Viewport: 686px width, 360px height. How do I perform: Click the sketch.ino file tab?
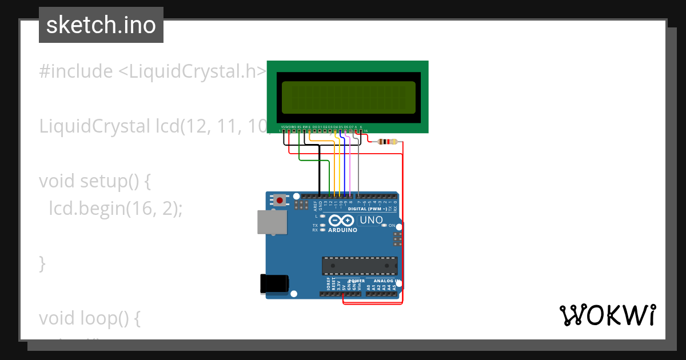(101, 25)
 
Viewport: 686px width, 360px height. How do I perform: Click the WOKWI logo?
(607, 315)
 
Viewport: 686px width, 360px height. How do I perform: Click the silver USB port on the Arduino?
(273, 222)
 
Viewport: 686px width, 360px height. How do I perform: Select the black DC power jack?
(274, 284)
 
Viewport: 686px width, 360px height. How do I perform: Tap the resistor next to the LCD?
(389, 142)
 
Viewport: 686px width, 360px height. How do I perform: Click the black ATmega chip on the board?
(360, 266)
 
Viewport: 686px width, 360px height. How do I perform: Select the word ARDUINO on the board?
(343, 230)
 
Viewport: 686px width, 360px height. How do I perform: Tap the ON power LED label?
(392, 226)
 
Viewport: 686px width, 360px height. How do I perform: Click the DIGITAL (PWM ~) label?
(372, 209)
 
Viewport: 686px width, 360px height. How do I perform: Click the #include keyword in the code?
(76, 71)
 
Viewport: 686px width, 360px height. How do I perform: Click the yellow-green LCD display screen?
(348, 97)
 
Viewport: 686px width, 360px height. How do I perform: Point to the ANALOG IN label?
(386, 281)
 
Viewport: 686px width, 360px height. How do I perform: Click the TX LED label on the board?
(315, 226)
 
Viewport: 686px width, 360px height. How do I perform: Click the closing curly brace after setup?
(42, 263)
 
